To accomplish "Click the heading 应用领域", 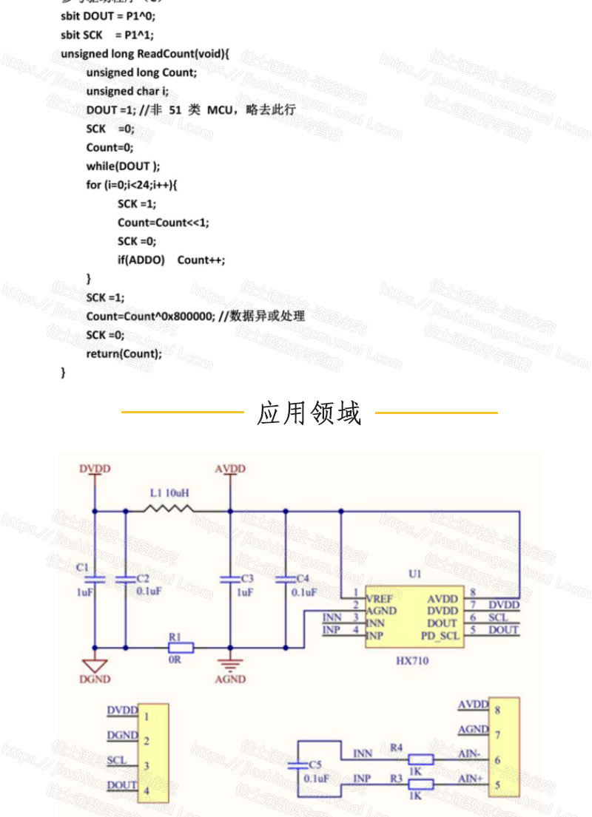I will pyautogui.click(x=309, y=413).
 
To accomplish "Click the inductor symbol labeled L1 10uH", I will pyautogui.click(x=168, y=509).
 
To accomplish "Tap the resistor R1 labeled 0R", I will pyautogui.click(x=180, y=648).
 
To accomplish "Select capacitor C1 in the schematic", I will pyautogui.click(x=95, y=580).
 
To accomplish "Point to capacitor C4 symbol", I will pyautogui.click(x=286, y=578).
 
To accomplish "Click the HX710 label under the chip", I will pyautogui.click(x=413, y=660).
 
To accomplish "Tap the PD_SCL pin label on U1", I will pyautogui.click(x=441, y=635).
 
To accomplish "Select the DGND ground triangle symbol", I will pyautogui.click(x=95, y=665).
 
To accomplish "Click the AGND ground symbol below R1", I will pyautogui.click(x=230, y=663).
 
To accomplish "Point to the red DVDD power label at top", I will pyautogui.click(x=95, y=469).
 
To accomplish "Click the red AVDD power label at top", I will pyautogui.click(x=230, y=469).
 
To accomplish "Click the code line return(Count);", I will pyautogui.click(x=124, y=353).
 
